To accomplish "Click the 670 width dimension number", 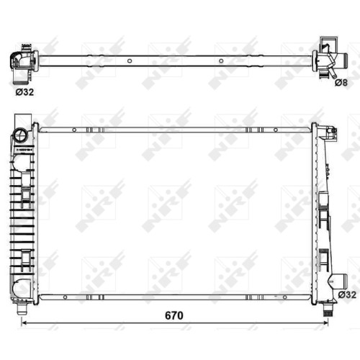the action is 174,315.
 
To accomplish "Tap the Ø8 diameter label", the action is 341,83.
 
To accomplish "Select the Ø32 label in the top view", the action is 24,92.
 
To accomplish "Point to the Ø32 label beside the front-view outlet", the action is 347,294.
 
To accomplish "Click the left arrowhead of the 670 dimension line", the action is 24,323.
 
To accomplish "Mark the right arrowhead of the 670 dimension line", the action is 325,323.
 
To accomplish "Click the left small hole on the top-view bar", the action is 130,60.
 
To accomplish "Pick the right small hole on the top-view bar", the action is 221,61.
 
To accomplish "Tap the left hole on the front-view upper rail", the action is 74,130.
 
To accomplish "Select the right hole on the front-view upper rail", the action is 276,130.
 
